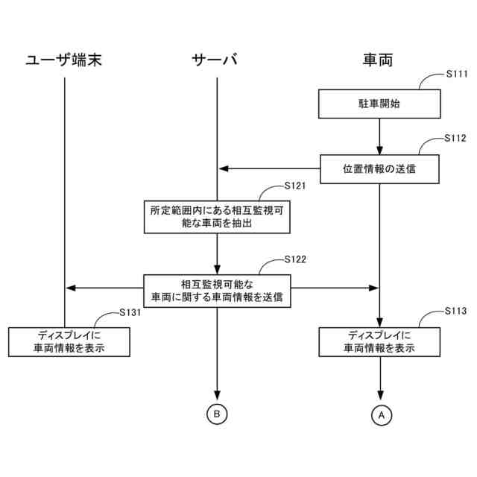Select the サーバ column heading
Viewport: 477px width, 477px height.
[216, 60]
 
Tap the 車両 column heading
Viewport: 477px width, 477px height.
[379, 60]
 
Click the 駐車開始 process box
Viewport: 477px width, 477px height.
[379, 104]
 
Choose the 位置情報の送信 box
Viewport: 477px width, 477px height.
[379, 168]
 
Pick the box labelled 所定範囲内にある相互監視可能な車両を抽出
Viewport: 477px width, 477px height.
[216, 216]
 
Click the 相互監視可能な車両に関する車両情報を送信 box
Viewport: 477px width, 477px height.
[216, 291]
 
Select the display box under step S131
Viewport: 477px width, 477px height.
[69, 341]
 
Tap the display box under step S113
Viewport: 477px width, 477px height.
[379, 341]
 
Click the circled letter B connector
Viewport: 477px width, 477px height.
[216, 414]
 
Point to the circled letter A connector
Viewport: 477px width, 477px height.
[380, 414]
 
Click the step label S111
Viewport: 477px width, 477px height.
[455, 75]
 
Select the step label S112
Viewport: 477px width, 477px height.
[455, 139]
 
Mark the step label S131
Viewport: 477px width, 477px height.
[130, 313]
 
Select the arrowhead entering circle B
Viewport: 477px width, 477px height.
[217, 399]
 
